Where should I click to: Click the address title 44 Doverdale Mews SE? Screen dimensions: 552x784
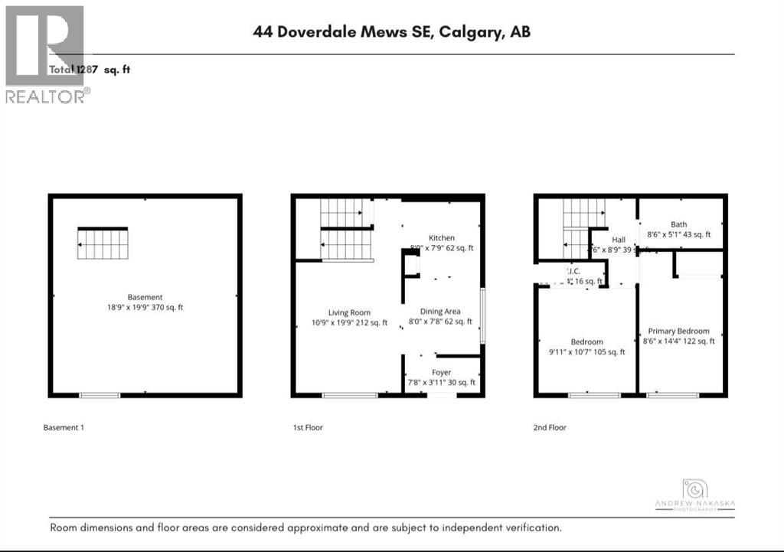pyautogui.click(x=391, y=32)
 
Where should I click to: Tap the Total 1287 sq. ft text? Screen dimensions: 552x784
pyautogui.click(x=90, y=70)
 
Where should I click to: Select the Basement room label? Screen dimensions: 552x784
pyautogui.click(x=145, y=297)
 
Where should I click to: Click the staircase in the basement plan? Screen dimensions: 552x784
pyautogui.click(x=102, y=244)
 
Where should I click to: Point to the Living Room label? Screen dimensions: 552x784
pyautogui.click(x=349, y=312)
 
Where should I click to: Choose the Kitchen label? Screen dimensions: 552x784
pyautogui.click(x=442, y=237)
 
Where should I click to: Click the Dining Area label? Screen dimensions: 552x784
pyautogui.click(x=440, y=311)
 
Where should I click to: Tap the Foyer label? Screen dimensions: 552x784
pyautogui.click(x=440, y=372)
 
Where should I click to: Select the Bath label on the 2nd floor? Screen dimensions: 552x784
pyautogui.click(x=678, y=224)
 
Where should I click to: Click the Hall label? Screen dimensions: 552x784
pyautogui.click(x=619, y=240)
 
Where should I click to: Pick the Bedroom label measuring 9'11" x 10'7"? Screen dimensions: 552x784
pyautogui.click(x=586, y=341)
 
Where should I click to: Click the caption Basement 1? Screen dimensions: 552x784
pyautogui.click(x=64, y=427)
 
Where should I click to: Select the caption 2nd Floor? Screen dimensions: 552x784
pyautogui.click(x=550, y=427)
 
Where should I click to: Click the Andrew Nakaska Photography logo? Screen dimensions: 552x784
pyautogui.click(x=694, y=494)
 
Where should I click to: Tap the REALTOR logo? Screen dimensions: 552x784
pyautogui.click(x=45, y=54)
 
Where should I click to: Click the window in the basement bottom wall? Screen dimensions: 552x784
pyautogui.click(x=100, y=395)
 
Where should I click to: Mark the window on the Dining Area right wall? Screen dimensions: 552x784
pyautogui.click(x=482, y=315)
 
